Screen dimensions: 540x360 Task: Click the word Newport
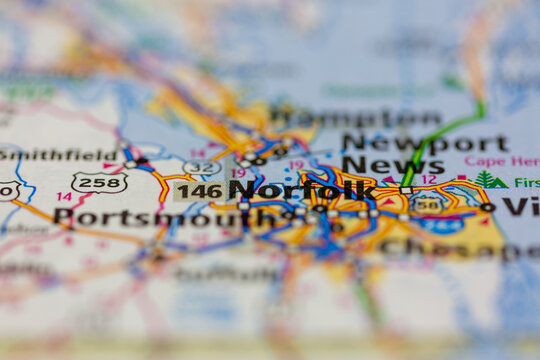pos(424,143)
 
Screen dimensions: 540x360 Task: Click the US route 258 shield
pos(99,182)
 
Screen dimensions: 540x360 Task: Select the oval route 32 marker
pos(201,167)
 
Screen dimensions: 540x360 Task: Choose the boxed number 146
pos(199,190)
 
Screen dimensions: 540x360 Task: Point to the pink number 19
pos(239,173)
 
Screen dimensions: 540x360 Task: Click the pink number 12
pos(428,179)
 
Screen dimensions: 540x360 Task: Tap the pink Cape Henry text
pos(501,161)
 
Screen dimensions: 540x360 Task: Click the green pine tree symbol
pos(488,180)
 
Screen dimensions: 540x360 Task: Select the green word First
pos(526,183)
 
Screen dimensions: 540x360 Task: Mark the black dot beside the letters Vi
pos(486,207)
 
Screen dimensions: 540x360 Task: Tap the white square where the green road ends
pos(406,189)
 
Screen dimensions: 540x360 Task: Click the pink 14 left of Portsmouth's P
pos(64,196)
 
